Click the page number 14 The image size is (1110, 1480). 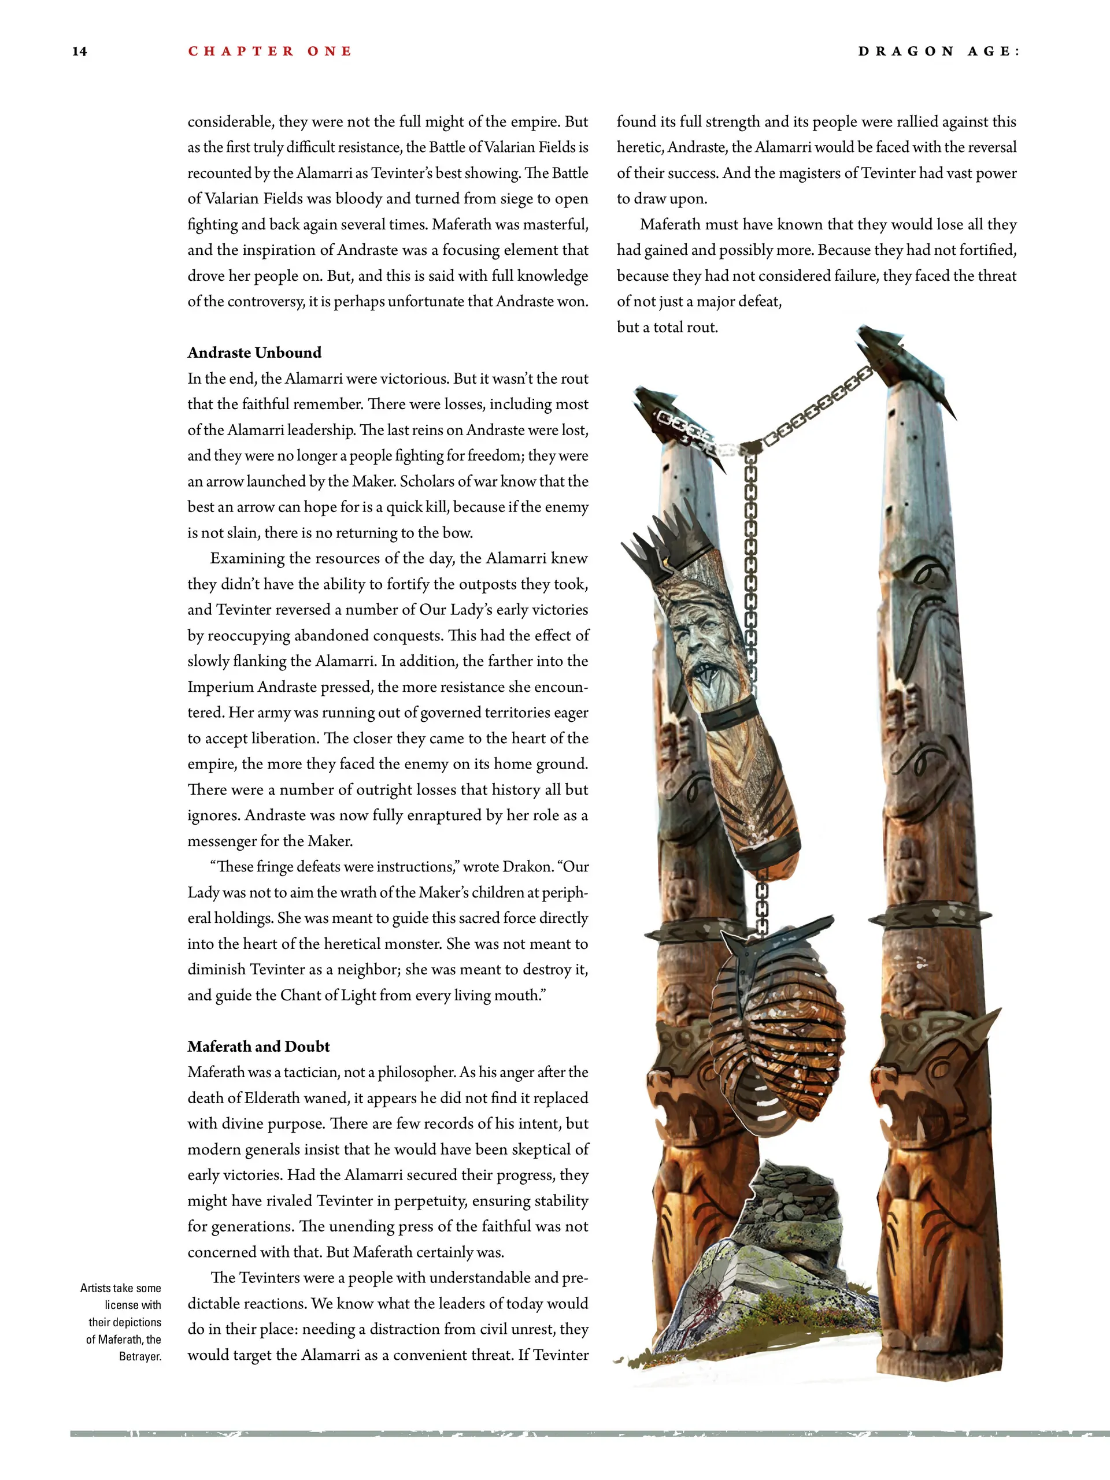click(x=79, y=51)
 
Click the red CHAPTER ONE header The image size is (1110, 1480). click(x=269, y=51)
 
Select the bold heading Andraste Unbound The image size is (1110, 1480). click(x=254, y=353)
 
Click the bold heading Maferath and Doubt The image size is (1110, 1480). click(x=258, y=1047)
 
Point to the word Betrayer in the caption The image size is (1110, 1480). click(x=140, y=1356)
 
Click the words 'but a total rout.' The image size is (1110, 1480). click(x=667, y=327)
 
